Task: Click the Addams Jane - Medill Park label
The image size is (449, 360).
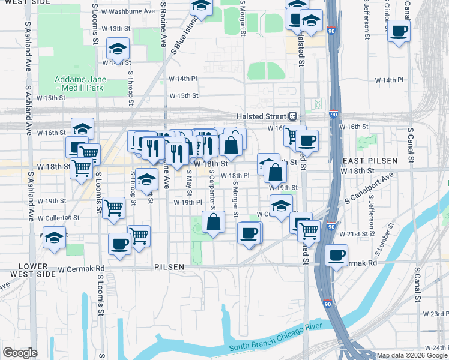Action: [79, 83]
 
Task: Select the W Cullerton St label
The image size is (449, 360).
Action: [58, 217]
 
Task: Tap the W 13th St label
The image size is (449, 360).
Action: [116, 28]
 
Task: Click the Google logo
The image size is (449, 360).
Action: [20, 353]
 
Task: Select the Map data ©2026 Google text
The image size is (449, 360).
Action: [412, 355]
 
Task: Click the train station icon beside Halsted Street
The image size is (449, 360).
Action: [292, 116]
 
